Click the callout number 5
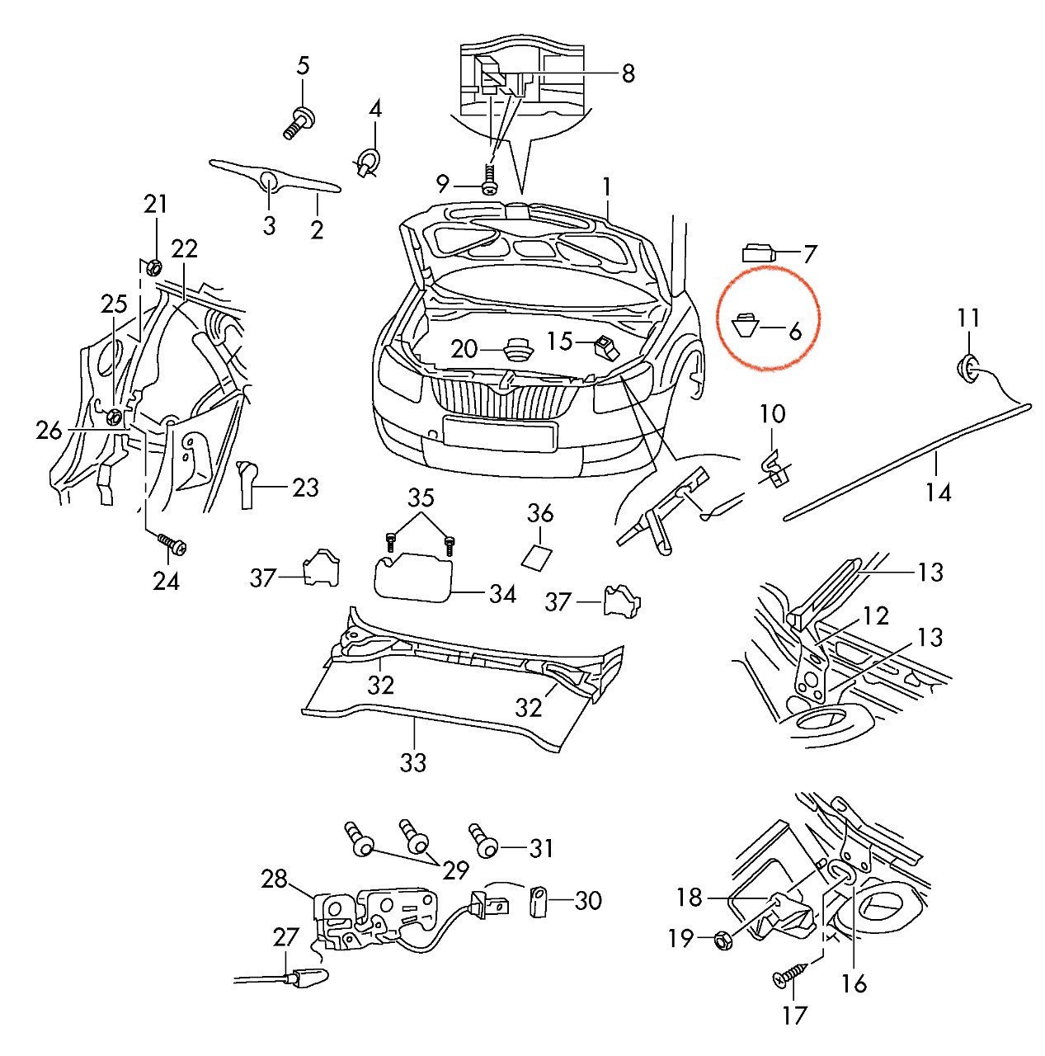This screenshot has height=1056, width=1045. point(303,65)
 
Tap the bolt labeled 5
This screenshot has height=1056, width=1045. point(299,122)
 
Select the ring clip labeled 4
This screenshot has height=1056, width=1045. point(369,160)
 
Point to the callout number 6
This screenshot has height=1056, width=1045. point(794,332)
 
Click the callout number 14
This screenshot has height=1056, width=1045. point(938,493)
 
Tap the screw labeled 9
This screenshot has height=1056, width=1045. point(490,181)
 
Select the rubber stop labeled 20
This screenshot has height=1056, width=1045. point(518,349)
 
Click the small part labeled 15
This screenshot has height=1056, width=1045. point(606,346)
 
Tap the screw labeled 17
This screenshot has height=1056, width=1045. point(788,978)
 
